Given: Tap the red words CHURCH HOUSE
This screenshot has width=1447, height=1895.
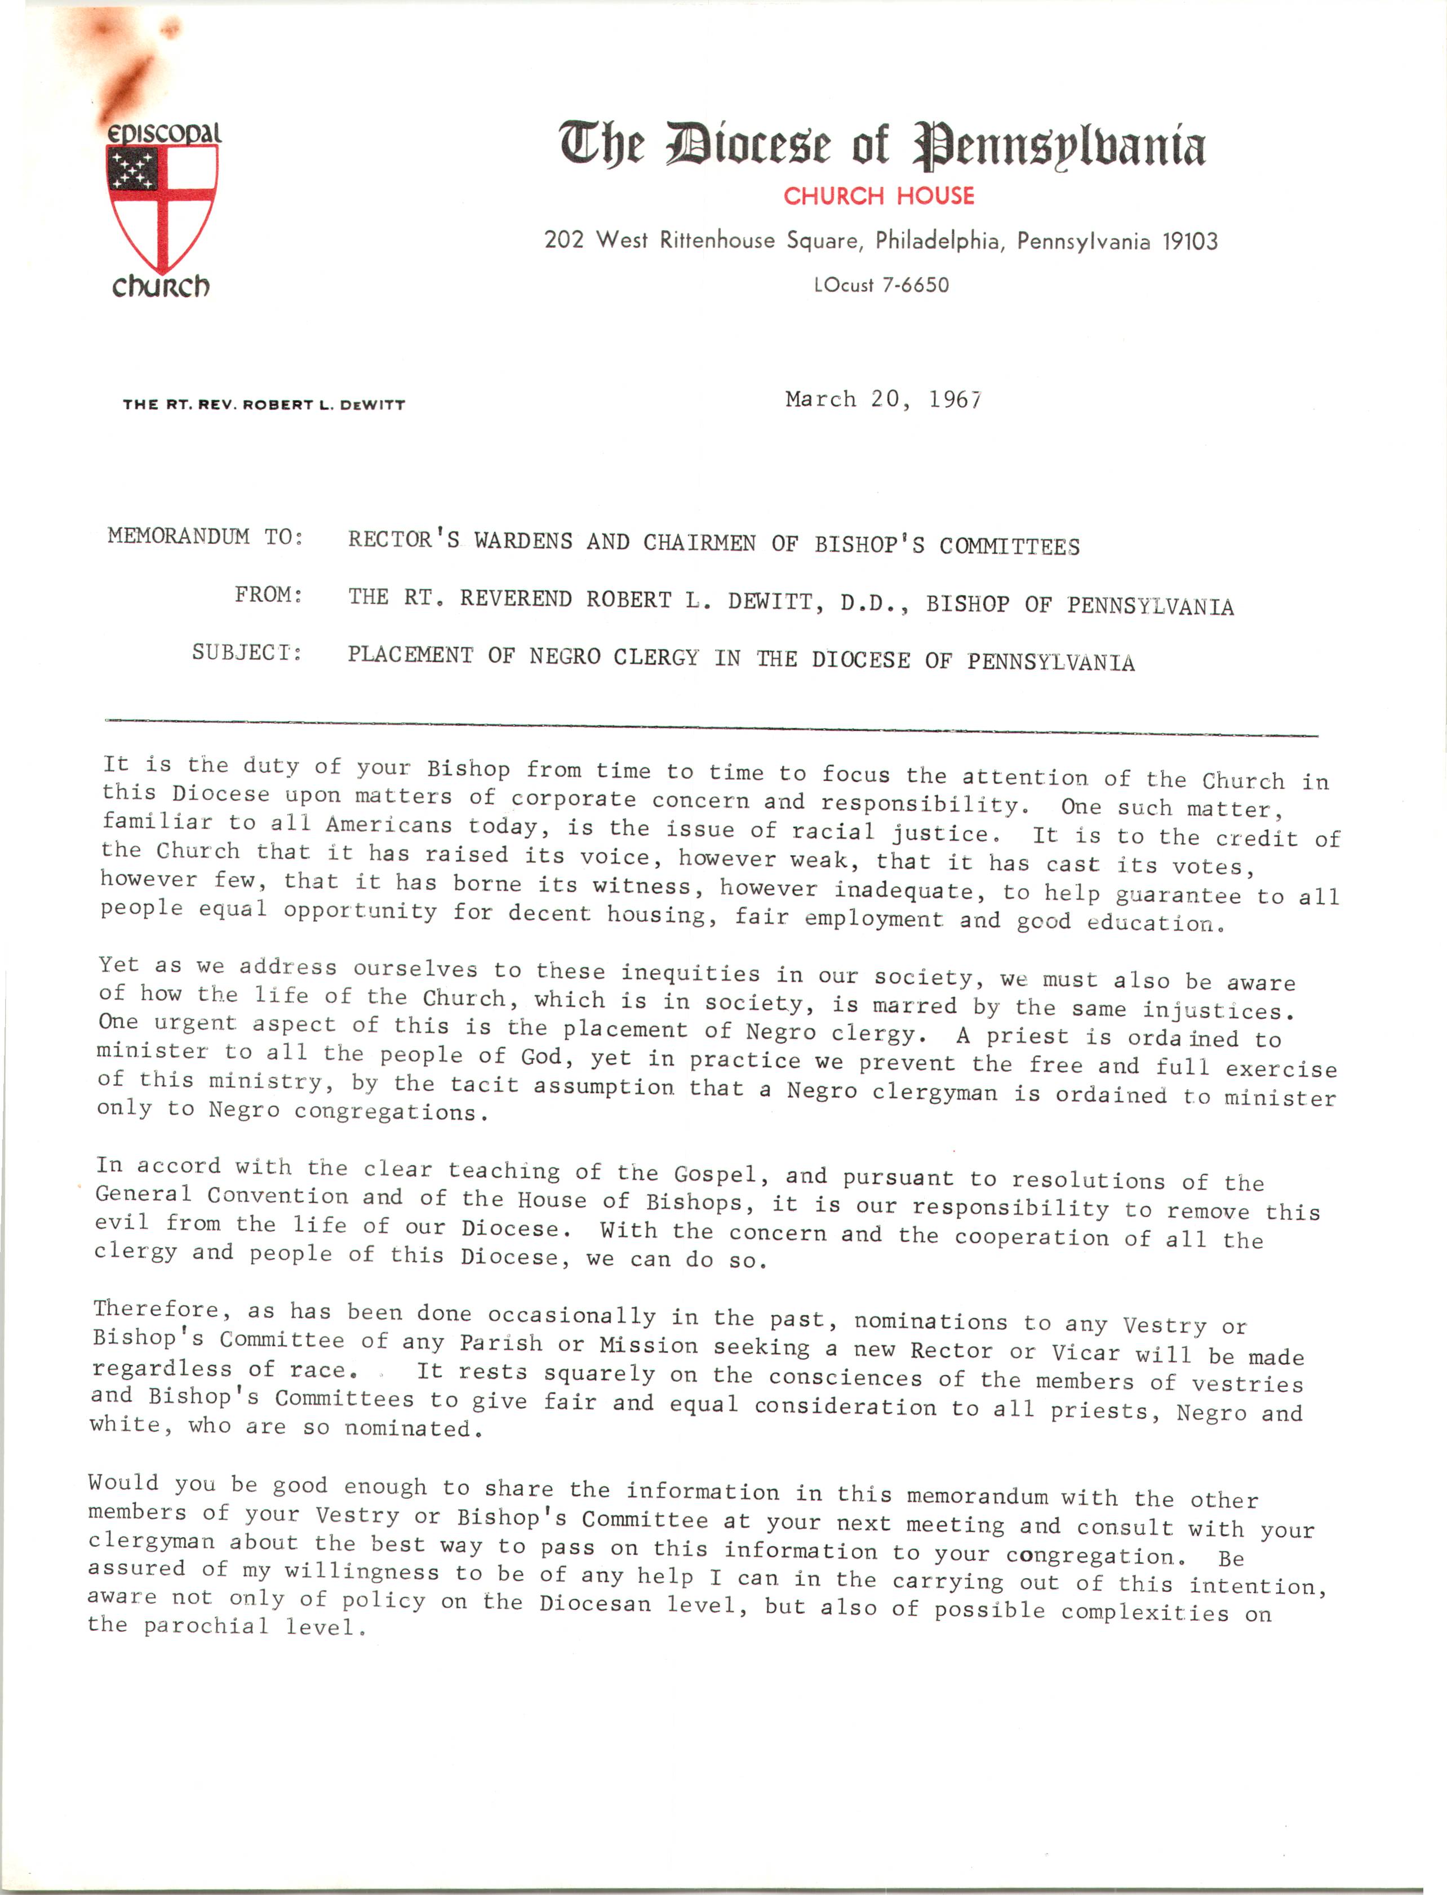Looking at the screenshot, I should click(x=878, y=197).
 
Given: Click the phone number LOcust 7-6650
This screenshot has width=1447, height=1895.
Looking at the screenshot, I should click(x=881, y=285).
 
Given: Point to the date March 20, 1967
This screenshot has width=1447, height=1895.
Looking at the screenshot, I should click(x=883, y=400).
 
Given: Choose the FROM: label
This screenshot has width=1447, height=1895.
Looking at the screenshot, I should click(x=268, y=595).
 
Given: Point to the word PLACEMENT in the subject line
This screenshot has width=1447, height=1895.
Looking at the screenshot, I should click(x=410, y=655).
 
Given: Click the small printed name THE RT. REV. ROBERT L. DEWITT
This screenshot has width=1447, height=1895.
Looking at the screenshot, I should click(x=264, y=405).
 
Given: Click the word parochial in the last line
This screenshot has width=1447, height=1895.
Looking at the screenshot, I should click(x=205, y=1626).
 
